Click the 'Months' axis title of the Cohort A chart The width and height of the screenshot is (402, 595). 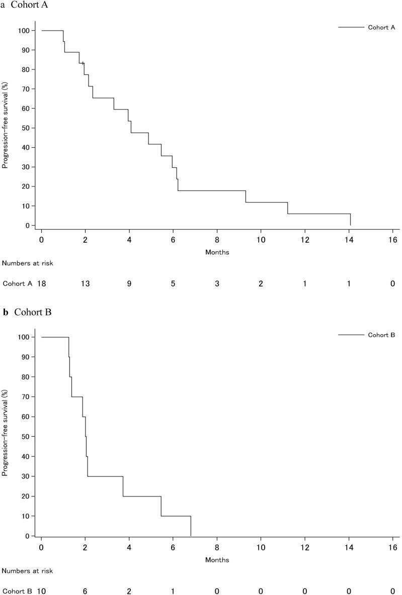tap(217, 252)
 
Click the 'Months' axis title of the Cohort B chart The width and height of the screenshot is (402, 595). tap(217, 559)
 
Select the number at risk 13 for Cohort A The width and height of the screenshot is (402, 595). tap(85, 284)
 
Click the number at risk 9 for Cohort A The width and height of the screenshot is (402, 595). tap(129, 284)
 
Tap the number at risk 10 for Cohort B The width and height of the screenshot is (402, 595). tap(42, 591)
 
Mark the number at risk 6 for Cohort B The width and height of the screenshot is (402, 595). tap(85, 591)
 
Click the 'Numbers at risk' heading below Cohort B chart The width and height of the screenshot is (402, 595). tap(27, 570)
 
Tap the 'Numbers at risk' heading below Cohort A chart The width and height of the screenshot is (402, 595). tap(27, 263)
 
